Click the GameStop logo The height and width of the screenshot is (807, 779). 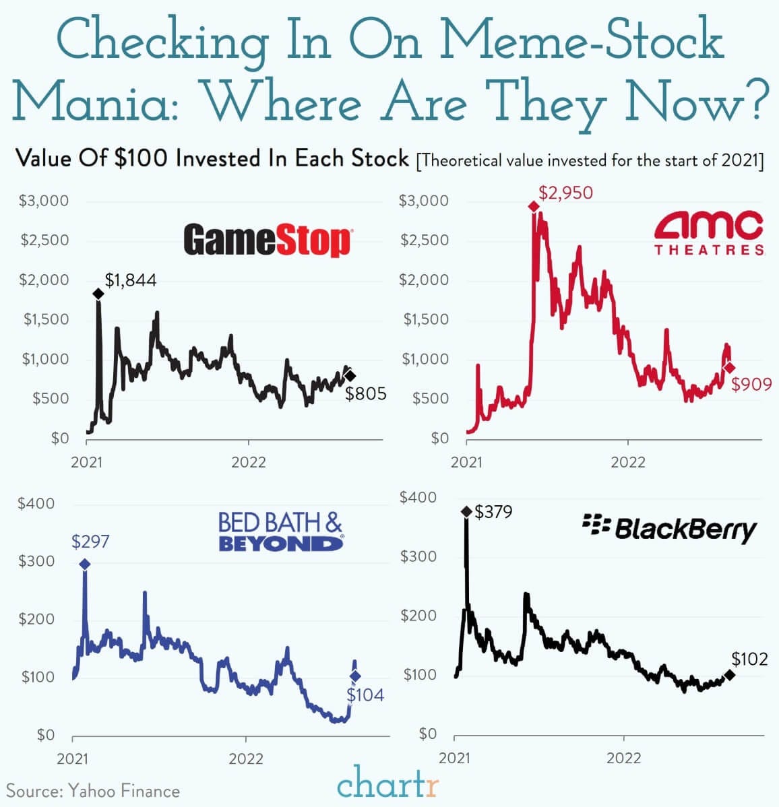click(267, 240)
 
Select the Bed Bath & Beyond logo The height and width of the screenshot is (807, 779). click(280, 532)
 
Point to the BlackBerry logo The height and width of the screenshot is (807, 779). click(670, 529)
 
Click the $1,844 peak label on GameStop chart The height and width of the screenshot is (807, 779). click(131, 280)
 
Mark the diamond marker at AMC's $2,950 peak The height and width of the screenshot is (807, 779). click(534, 206)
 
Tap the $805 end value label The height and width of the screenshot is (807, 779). click(366, 393)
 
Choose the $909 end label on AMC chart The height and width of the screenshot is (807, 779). click(751, 385)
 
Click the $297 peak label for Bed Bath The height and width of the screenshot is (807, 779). click(90, 541)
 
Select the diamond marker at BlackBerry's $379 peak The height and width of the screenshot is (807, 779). click(466, 512)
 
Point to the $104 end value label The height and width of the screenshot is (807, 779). click(365, 695)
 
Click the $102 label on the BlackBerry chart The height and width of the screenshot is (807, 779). click(749, 659)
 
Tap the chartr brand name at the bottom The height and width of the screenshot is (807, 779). click(388, 784)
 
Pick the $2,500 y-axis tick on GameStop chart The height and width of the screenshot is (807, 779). click(44, 240)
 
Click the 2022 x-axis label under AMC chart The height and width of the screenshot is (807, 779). click(628, 462)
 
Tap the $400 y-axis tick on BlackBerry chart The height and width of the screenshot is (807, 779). click(418, 498)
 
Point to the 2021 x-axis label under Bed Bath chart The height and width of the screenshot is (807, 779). click(73, 758)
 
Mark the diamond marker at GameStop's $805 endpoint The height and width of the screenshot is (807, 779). click(350, 376)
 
